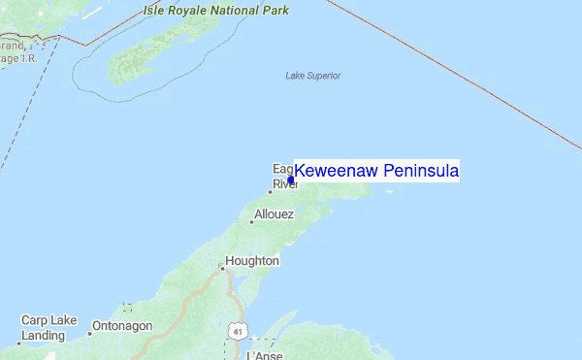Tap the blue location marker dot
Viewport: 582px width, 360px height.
tap(291, 180)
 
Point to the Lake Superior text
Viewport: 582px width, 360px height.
tap(312, 76)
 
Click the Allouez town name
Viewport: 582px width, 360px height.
tap(274, 214)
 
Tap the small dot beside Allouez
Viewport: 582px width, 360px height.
tap(252, 221)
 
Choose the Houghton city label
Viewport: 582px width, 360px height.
tap(252, 261)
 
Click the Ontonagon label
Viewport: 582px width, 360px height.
tap(121, 326)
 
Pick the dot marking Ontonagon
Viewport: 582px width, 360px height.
tap(90, 332)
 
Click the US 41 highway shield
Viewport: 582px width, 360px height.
tap(237, 332)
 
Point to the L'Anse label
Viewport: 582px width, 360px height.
tap(264, 355)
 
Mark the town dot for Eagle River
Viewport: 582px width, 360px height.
tap(270, 191)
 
